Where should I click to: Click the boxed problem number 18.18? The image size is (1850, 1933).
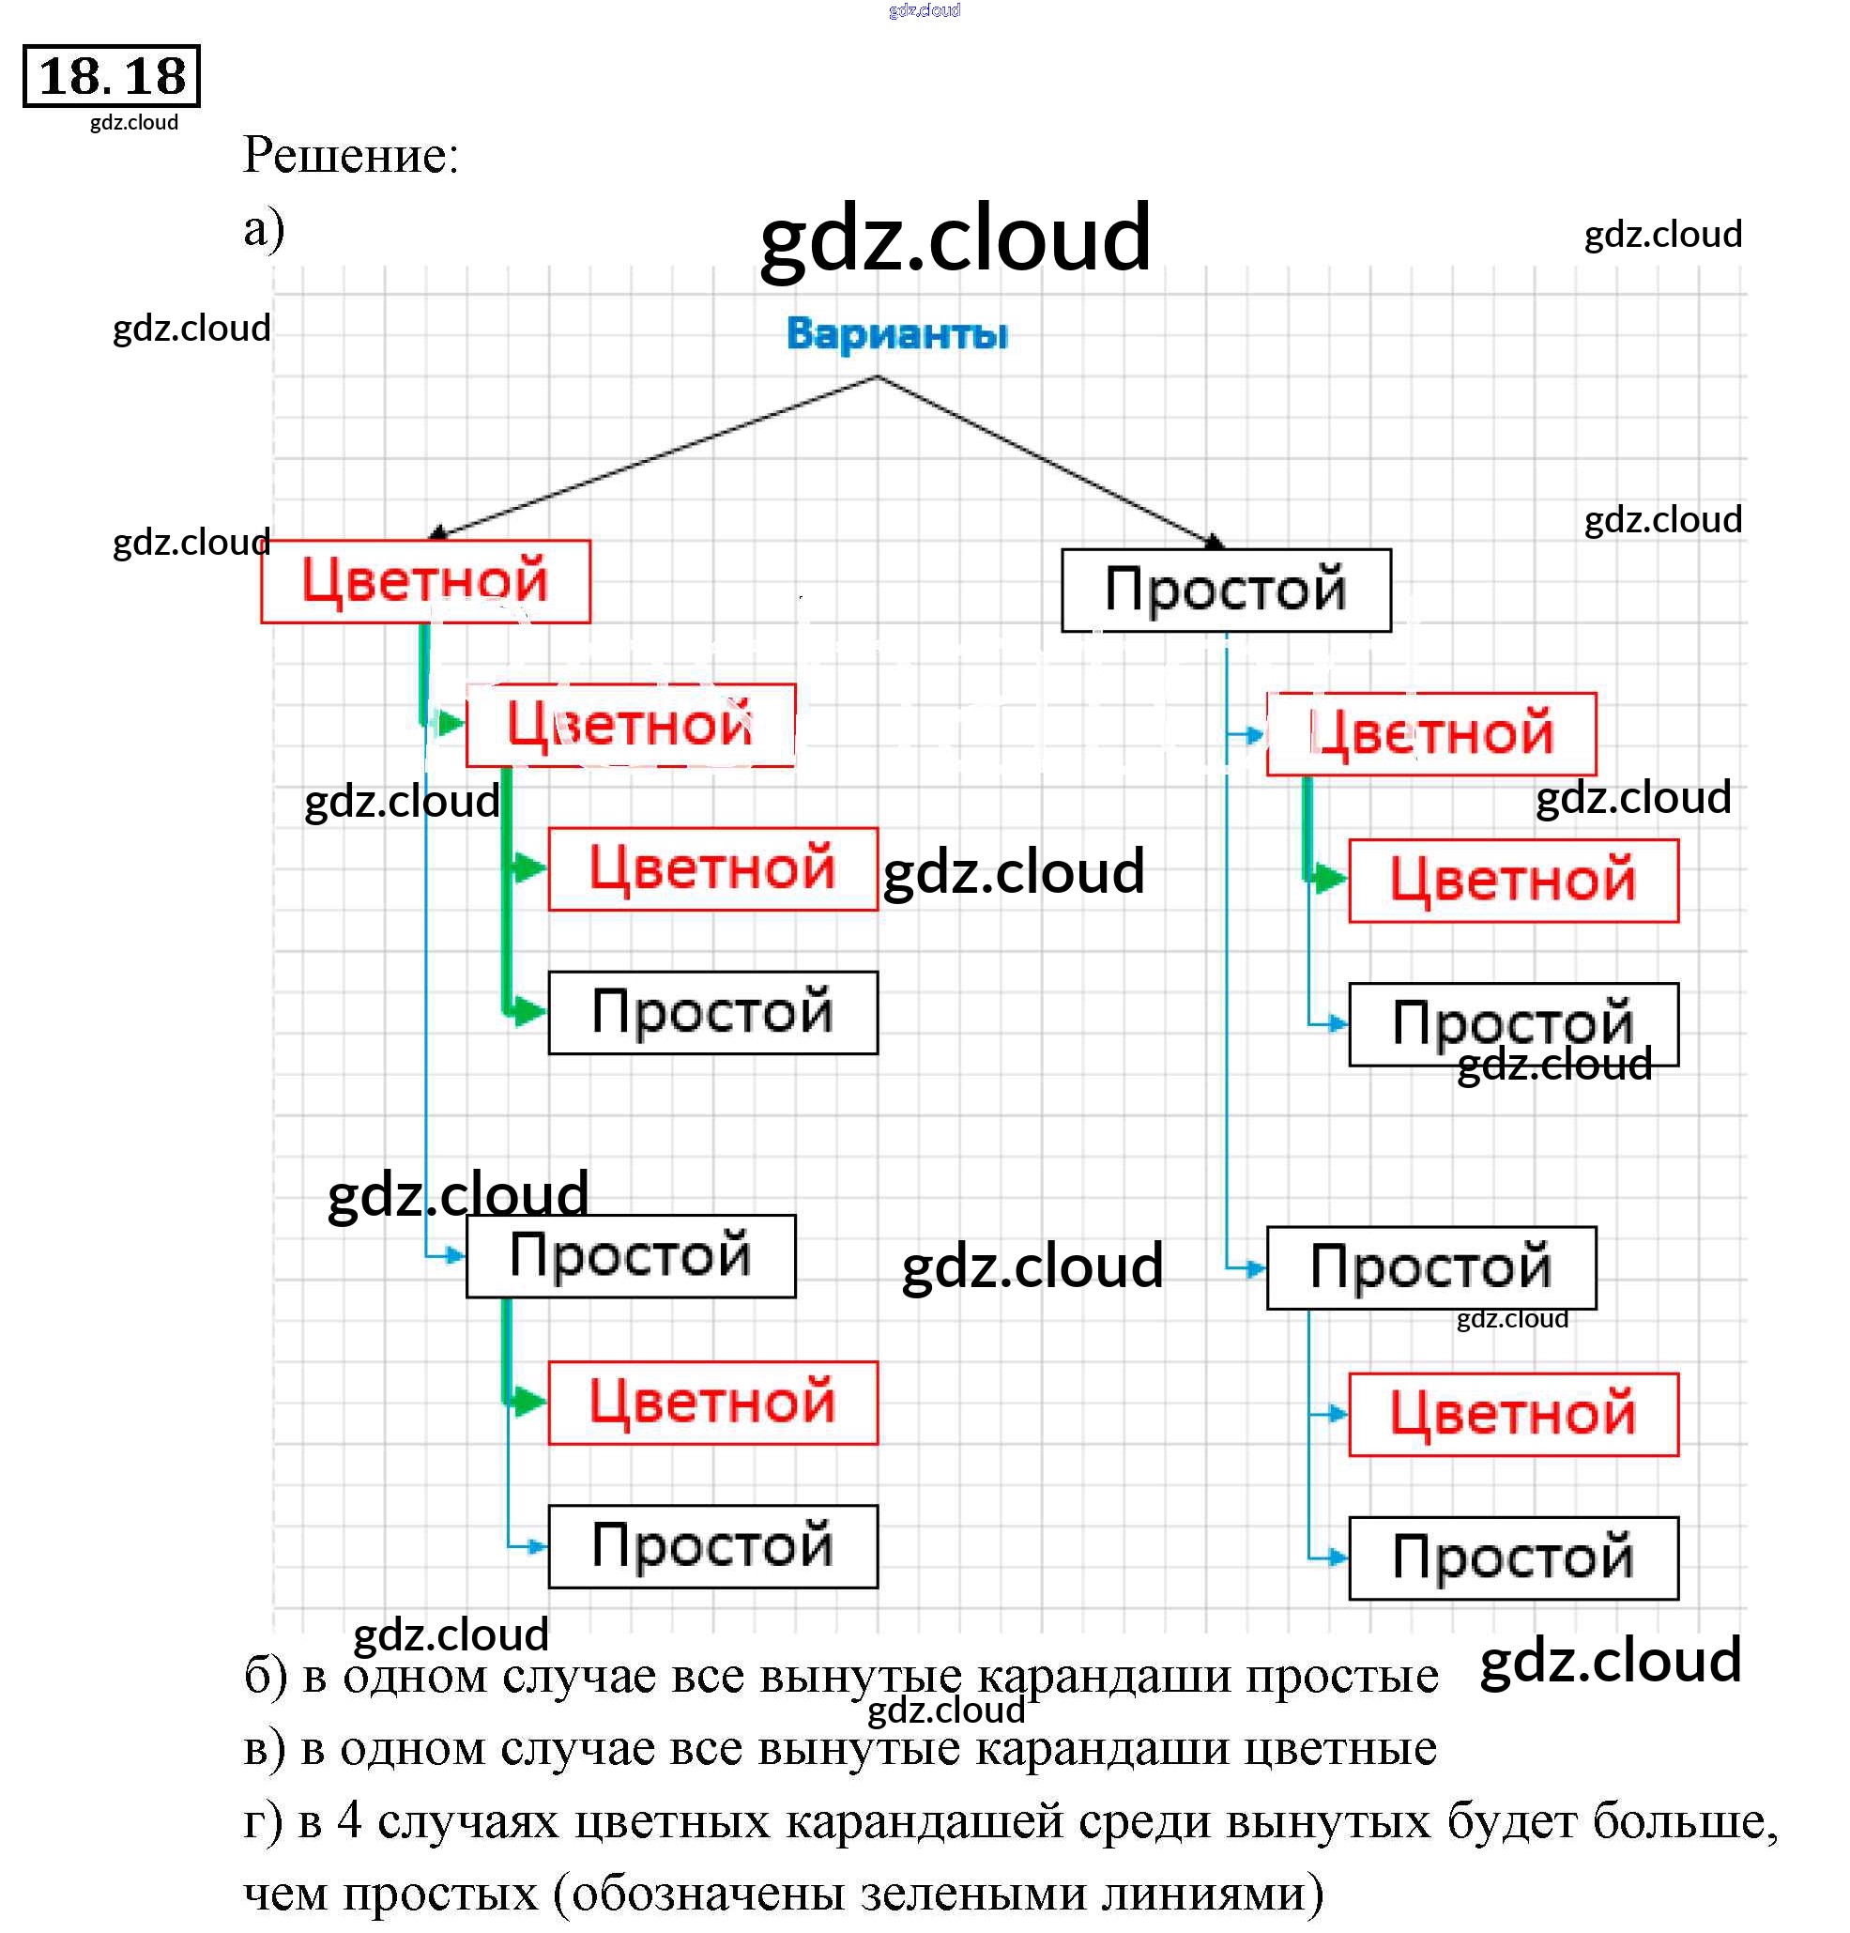(112, 76)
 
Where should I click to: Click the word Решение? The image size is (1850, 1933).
(350, 155)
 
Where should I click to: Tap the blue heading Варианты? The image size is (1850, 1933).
(896, 333)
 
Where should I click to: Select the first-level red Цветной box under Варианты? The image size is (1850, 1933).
(425, 581)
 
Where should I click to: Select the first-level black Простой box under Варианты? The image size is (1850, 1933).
(1226, 590)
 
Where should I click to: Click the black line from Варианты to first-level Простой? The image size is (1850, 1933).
(1046, 461)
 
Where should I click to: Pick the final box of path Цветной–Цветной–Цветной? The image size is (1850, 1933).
(712, 868)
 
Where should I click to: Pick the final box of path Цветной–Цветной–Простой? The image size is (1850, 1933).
(712, 1013)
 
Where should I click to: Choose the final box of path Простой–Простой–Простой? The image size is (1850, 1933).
(1513, 1558)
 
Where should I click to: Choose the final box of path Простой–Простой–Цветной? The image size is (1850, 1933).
(1513, 1414)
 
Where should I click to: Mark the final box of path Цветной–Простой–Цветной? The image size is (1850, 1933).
(712, 1403)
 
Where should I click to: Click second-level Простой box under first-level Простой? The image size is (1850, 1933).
(1430, 1267)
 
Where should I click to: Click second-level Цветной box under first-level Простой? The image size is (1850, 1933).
(1430, 734)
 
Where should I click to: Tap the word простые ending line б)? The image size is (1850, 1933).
(1341, 1676)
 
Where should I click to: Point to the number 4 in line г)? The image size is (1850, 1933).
(349, 1820)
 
